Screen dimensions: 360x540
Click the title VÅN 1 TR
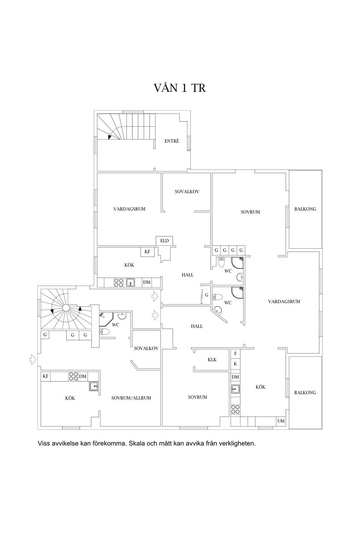tap(180, 88)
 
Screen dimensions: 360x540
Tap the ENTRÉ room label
tap(172, 141)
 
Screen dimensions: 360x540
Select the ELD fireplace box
tap(164, 241)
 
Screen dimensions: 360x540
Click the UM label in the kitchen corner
tap(281, 421)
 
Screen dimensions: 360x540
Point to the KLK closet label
tap(212, 359)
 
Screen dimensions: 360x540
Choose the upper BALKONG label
tap(305, 209)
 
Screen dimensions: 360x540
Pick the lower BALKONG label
tap(305, 393)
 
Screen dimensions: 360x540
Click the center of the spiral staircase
tap(66, 307)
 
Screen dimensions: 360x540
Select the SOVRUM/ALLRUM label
tap(131, 398)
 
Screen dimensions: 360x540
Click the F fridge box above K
tap(235, 354)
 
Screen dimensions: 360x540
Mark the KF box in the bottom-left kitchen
tap(46, 376)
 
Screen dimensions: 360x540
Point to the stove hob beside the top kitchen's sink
tap(118, 282)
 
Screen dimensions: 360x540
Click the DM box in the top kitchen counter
tap(147, 282)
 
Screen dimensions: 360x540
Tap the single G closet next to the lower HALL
tap(206, 295)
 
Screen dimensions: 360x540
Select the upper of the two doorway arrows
tap(155, 296)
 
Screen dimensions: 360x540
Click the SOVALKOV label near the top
tap(187, 192)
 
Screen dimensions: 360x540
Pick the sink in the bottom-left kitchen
tap(93, 386)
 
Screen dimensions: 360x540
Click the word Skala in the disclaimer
tap(136, 443)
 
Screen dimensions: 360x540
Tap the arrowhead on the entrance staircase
tap(109, 137)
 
